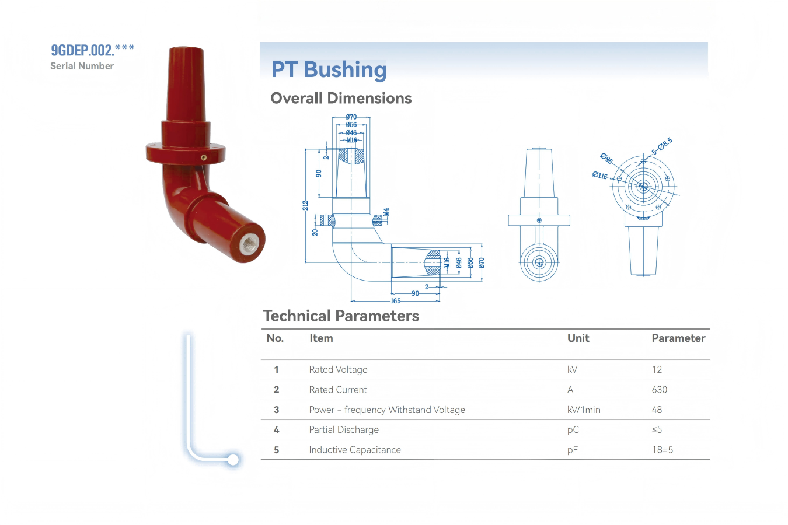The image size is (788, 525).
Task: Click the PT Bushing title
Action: coord(329,69)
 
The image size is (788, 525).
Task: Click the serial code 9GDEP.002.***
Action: coord(93,50)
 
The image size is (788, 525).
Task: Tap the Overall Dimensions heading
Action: coord(341,98)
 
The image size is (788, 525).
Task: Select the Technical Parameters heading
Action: coord(341,316)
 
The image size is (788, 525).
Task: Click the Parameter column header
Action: coord(678,338)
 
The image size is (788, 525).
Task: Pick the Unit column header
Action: coord(578,338)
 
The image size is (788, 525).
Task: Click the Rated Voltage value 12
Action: coord(657,369)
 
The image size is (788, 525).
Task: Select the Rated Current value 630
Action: coord(659,390)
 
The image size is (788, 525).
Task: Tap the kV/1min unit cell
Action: coord(584,409)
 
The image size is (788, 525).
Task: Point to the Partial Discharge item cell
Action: coord(344,430)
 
